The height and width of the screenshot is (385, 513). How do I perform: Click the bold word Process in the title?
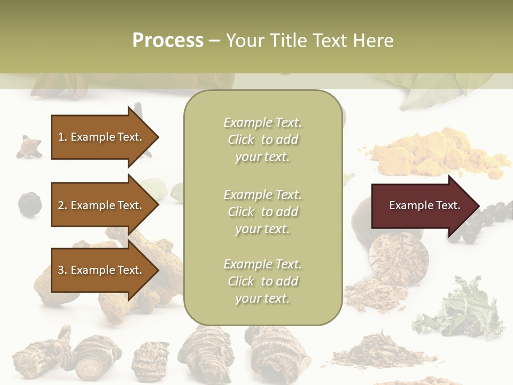pos(168,40)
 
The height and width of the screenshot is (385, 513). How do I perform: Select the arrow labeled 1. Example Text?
pos(102,137)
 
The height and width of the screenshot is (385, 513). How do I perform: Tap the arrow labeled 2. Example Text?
pos(102,205)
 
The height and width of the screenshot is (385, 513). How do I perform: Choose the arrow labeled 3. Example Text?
pos(102,270)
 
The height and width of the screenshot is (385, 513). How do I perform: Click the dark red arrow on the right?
pos(422,206)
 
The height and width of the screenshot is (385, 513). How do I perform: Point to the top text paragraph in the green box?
pos(262,140)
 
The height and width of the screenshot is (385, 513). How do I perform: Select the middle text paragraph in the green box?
pos(262,212)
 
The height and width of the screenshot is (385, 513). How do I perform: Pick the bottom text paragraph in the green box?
pos(262,281)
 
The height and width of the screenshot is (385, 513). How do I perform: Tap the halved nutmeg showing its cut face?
pos(398,256)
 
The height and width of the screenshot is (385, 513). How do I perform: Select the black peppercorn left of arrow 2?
pos(27,203)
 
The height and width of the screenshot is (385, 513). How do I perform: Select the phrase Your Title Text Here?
pos(309,40)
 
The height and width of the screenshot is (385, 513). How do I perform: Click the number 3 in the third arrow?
pos(60,270)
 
